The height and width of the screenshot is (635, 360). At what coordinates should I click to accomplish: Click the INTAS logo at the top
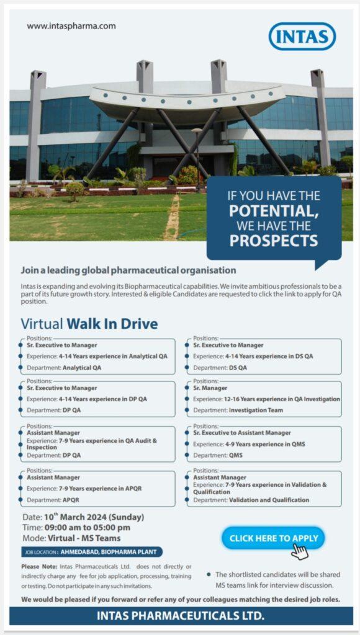tap(302, 37)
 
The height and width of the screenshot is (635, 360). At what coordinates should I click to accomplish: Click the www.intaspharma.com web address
tap(71, 26)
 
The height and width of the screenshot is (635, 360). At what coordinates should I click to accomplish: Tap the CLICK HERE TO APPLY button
tap(274, 538)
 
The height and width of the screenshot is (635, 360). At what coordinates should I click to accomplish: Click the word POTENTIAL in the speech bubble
tap(274, 211)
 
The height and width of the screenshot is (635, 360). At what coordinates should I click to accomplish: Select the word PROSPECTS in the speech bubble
tap(274, 240)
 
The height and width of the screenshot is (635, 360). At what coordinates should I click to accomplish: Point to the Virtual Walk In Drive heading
tap(89, 324)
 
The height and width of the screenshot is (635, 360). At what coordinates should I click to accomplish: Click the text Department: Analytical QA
tap(64, 368)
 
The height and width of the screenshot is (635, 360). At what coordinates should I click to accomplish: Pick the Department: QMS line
tap(218, 455)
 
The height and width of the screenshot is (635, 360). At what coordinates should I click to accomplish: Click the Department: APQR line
tap(53, 500)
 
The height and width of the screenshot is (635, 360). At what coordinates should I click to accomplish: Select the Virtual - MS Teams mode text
tap(84, 538)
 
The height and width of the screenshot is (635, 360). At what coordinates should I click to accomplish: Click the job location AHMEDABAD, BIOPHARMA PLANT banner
tap(92, 552)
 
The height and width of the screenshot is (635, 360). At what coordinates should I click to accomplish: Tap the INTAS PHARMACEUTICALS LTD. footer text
tap(181, 616)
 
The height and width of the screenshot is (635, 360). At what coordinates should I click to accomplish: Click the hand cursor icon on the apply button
tap(300, 551)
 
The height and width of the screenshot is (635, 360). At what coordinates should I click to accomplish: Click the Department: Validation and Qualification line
tap(251, 500)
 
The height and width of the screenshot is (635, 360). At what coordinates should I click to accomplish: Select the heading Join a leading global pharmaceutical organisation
tap(128, 269)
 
